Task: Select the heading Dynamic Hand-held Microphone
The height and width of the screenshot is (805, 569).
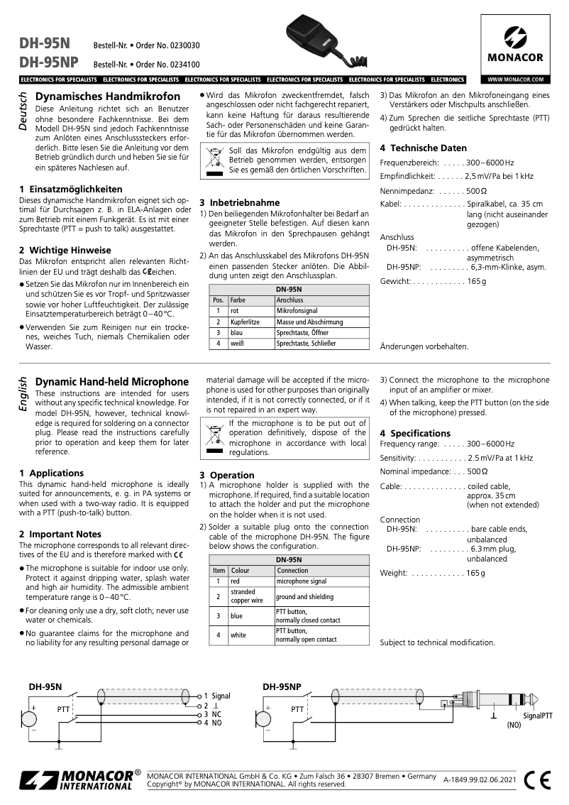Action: pos(112,382)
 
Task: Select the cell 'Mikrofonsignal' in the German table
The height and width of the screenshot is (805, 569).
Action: pos(297,311)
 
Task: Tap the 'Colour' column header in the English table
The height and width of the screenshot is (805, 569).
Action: pos(241,570)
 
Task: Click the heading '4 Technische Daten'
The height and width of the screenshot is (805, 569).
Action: pos(423,148)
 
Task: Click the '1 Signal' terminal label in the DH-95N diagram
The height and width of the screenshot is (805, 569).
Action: pos(216,696)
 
